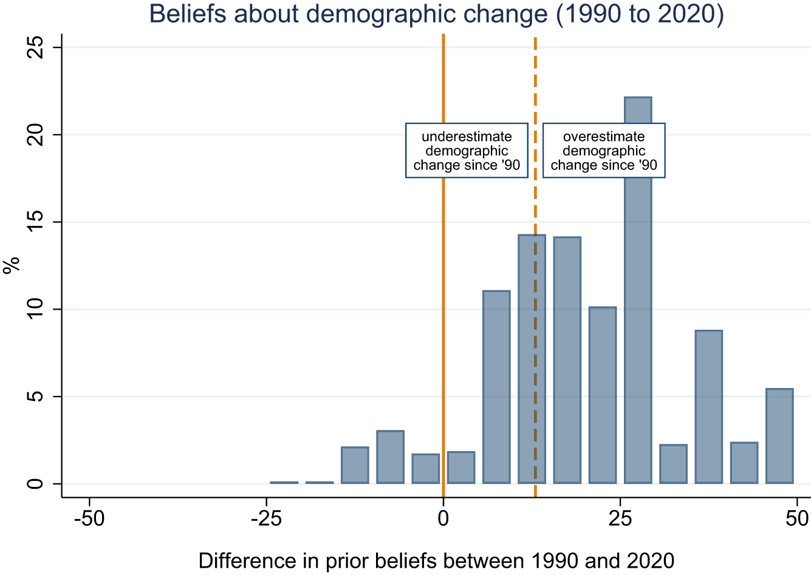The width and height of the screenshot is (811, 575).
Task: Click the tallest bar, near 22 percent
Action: [638, 304]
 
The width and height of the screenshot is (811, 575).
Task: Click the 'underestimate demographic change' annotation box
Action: [467, 151]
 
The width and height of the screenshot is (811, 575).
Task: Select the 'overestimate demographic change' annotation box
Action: [604, 151]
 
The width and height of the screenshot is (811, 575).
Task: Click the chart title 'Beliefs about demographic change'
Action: [436, 14]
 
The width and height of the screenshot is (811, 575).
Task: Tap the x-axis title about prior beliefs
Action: [436, 560]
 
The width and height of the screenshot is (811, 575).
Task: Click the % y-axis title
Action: [12, 265]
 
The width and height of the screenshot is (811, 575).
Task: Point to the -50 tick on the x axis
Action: [89, 519]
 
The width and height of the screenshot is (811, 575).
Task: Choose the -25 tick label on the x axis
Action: [266, 519]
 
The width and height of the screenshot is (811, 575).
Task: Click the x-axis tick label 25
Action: [620, 519]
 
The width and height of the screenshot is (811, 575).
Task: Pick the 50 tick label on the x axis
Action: [797, 519]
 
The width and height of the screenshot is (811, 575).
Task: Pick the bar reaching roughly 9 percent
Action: [708, 407]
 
